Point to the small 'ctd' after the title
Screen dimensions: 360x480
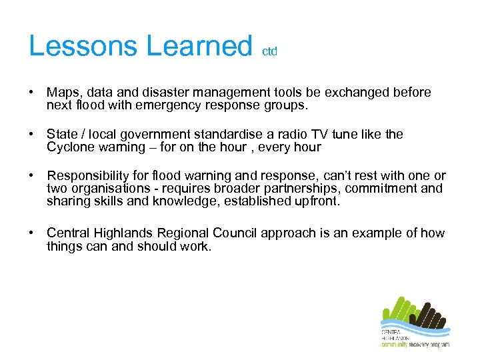pyautogui.click(x=269, y=51)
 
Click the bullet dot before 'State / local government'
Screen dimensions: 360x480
pyautogui.click(x=32, y=135)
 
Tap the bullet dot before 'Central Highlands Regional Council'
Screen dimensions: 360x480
pyautogui.click(x=32, y=233)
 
